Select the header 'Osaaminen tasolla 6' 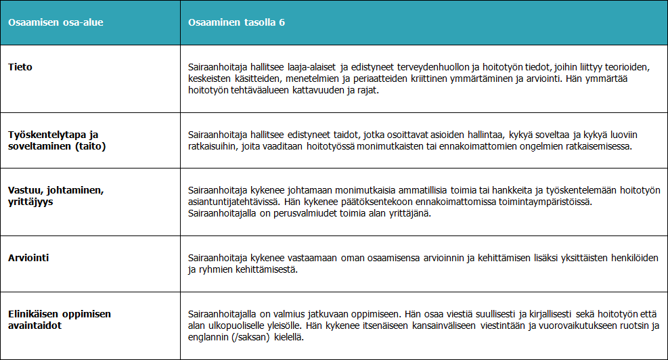236,23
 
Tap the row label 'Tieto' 20,67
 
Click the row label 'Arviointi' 29,258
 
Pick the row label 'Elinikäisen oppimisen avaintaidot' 59,319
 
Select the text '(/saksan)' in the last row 256,337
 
